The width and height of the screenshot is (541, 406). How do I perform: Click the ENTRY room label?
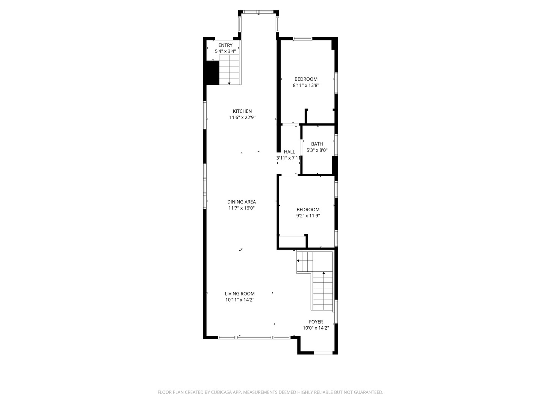(x=225, y=45)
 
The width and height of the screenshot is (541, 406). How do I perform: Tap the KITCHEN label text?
(x=242, y=111)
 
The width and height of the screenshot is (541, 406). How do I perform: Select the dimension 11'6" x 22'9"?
(x=242, y=118)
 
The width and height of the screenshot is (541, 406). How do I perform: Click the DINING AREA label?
(x=241, y=202)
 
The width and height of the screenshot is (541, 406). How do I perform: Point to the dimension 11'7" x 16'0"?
(x=241, y=208)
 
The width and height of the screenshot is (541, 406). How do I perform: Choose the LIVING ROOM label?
(x=240, y=294)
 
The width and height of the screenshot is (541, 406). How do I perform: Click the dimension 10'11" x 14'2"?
(x=240, y=300)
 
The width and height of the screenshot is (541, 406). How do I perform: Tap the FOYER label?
(x=316, y=322)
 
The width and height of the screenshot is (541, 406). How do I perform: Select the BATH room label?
(x=317, y=144)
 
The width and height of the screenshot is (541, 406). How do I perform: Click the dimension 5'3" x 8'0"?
(x=317, y=150)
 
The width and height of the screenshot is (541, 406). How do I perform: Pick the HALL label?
(x=289, y=152)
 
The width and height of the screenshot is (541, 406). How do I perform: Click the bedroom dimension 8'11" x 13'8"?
(x=306, y=85)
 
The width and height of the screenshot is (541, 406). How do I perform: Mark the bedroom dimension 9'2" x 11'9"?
(x=308, y=216)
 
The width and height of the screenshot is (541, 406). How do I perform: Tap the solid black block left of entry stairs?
(x=212, y=72)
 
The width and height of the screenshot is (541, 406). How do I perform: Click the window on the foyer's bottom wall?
(x=323, y=353)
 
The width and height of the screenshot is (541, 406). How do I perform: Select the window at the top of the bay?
(x=258, y=12)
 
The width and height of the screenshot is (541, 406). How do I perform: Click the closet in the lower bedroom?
(x=292, y=241)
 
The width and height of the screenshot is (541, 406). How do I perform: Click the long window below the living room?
(x=254, y=337)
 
